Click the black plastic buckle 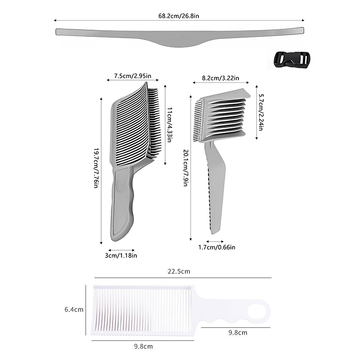point(292,60)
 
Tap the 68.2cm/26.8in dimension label point(179,16)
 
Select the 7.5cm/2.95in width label point(133,76)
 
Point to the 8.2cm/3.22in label point(220,78)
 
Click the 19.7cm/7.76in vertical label point(96,168)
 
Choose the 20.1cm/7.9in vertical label point(186,168)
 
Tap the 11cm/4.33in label point(170,125)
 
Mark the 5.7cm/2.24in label point(261,112)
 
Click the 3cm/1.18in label point(121,256)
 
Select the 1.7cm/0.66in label point(217,247)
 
